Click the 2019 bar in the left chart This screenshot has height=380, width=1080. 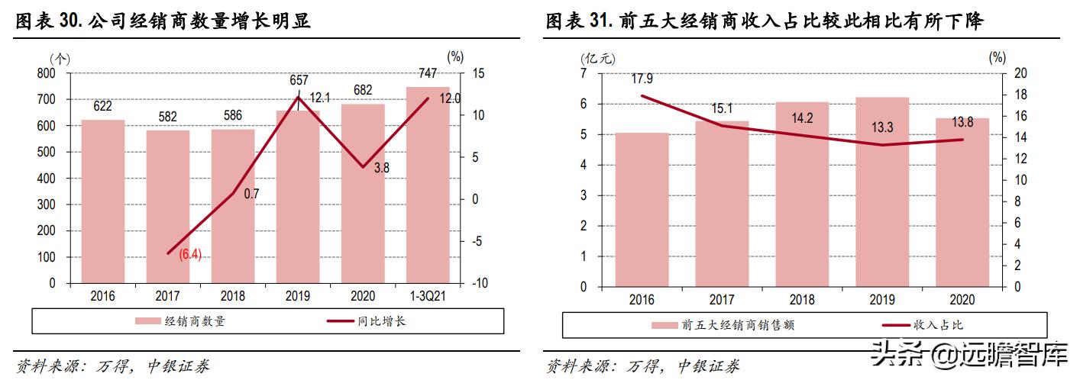click(298, 198)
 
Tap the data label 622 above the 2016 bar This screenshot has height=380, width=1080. click(102, 108)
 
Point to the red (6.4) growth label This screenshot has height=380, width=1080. click(190, 255)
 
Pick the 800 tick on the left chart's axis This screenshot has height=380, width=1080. click(47, 73)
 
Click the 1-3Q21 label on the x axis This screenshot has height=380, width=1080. click(428, 297)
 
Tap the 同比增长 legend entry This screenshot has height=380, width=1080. click(381, 321)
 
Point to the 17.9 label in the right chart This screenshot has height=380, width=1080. click(642, 79)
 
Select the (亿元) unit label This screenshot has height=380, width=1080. click(587, 57)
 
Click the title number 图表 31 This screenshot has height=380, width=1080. click(577, 22)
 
